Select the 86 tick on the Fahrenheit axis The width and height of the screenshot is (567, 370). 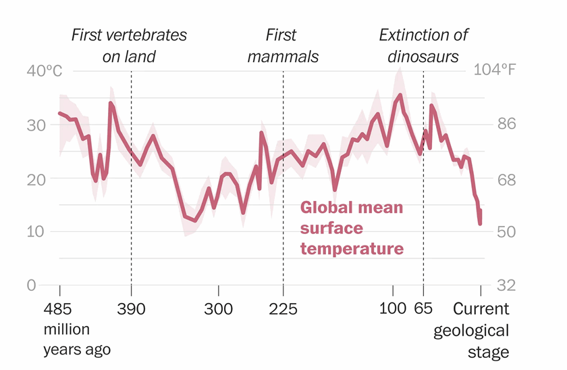click(505, 124)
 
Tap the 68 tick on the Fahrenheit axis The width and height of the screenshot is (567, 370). click(505, 179)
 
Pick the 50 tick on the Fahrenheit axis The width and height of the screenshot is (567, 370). click(505, 232)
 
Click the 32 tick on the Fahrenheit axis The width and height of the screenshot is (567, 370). click(505, 285)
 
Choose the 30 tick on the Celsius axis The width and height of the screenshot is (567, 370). click(36, 125)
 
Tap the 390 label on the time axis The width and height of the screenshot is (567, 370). click(131, 310)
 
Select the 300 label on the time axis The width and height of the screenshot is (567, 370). click(218, 310)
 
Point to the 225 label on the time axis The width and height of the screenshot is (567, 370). click(283, 310)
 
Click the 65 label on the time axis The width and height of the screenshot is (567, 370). click(424, 310)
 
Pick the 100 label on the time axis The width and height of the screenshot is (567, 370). click(392, 310)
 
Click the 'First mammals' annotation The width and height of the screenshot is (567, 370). click(283, 45)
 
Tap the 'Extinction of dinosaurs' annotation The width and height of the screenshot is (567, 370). click(423, 45)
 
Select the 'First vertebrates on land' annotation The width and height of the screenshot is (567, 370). click(129, 45)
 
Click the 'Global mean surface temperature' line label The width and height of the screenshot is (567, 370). click(352, 228)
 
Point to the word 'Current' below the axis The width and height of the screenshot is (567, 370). click(481, 310)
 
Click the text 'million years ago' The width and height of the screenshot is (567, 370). click(76, 341)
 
